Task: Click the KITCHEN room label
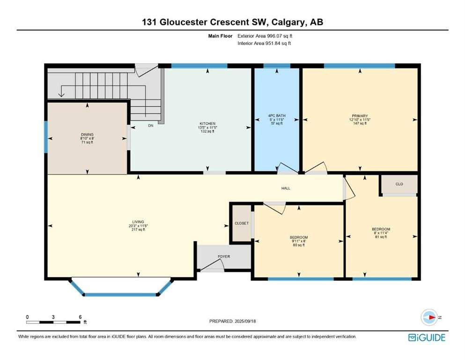pyautogui.click(x=207, y=123)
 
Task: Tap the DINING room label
pyautogui.click(x=87, y=135)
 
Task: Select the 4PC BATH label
pyautogui.click(x=277, y=116)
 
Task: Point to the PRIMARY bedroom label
pyautogui.click(x=360, y=116)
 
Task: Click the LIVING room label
pyautogui.click(x=138, y=222)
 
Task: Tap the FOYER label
pyautogui.click(x=224, y=256)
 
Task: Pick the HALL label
pyautogui.click(x=286, y=188)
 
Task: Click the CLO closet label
pyautogui.click(x=399, y=184)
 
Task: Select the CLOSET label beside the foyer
pyautogui.click(x=242, y=223)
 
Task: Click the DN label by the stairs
pyautogui.click(x=151, y=126)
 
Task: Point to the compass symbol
pyautogui.click(x=429, y=317)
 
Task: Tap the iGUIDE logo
pyautogui.click(x=427, y=337)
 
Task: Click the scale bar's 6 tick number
pyautogui.click(x=81, y=317)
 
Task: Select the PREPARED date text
pyautogui.click(x=232, y=321)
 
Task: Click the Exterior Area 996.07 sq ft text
pyautogui.click(x=265, y=36)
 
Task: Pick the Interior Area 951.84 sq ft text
pyautogui.click(x=264, y=43)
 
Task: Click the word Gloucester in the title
pyautogui.click(x=184, y=22)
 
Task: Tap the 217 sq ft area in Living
pyautogui.click(x=138, y=229)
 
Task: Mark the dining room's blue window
pyautogui.click(x=46, y=136)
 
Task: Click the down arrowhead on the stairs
pyautogui.click(x=61, y=95)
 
